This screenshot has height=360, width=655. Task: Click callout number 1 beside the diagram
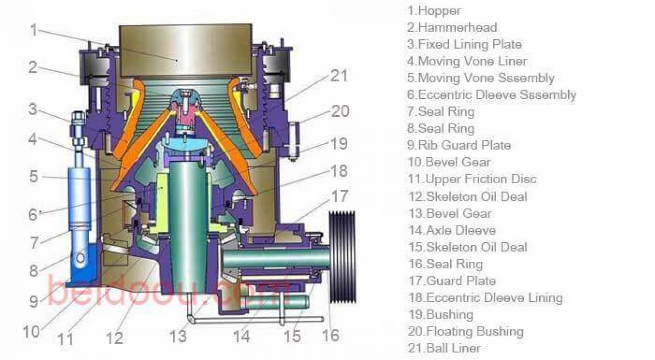(x=34, y=30)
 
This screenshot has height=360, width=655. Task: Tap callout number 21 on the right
(x=339, y=76)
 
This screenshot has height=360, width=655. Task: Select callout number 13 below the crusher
(x=178, y=336)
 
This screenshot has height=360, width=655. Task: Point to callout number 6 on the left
(x=33, y=214)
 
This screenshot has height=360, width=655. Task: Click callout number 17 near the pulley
(x=340, y=196)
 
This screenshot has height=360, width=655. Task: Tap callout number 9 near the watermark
(x=34, y=301)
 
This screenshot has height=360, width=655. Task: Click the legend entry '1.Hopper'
(x=434, y=11)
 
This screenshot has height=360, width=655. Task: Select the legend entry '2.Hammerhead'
(x=452, y=27)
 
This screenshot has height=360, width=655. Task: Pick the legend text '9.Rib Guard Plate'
(x=459, y=145)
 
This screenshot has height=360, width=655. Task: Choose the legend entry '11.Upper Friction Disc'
(x=472, y=179)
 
